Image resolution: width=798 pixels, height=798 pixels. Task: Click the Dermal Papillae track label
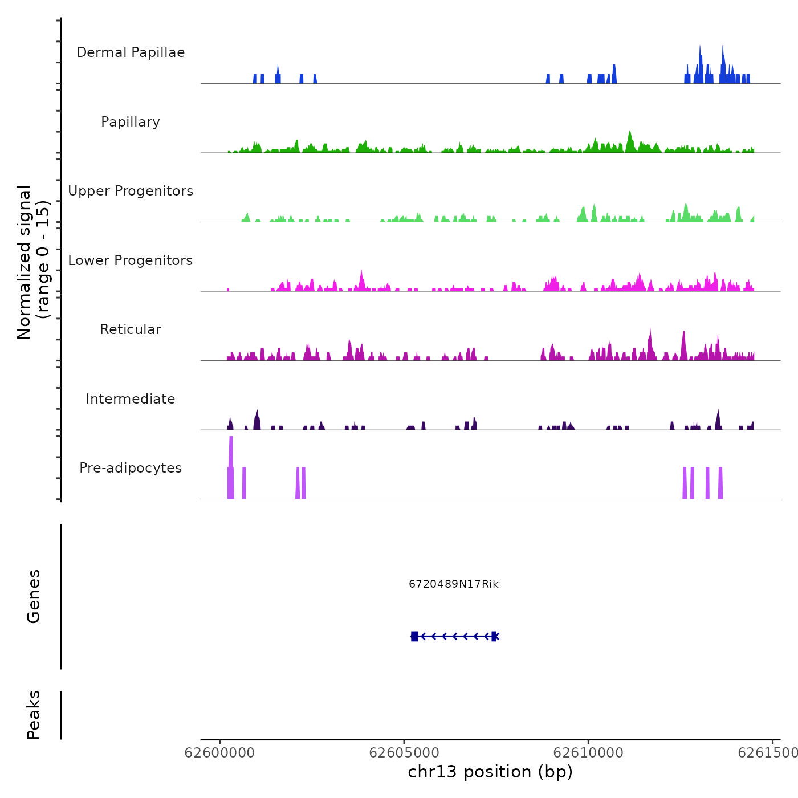(x=131, y=52)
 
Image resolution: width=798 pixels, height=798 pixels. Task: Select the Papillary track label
(x=131, y=122)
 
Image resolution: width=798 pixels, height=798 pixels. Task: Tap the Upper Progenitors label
(x=131, y=191)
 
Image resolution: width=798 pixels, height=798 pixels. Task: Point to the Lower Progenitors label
(x=131, y=260)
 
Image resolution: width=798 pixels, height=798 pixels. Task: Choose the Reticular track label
(x=131, y=329)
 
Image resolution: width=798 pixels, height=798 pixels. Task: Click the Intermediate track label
(x=131, y=399)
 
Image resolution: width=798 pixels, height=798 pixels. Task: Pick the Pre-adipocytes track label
(x=131, y=468)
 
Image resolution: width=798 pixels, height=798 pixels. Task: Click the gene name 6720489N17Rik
(x=454, y=584)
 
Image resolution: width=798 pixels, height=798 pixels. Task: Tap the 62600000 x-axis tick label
(x=219, y=753)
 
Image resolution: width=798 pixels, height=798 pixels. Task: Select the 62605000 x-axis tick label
(x=404, y=753)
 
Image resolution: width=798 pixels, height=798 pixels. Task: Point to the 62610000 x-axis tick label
(x=588, y=753)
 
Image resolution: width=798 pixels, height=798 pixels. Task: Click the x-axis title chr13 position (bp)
(x=490, y=772)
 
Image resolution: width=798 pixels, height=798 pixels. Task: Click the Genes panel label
(x=34, y=596)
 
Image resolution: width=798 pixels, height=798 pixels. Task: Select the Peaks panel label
(x=34, y=715)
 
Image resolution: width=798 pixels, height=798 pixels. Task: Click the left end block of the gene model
(x=414, y=636)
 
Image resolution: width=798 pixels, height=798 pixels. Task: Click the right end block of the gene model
(x=494, y=636)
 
